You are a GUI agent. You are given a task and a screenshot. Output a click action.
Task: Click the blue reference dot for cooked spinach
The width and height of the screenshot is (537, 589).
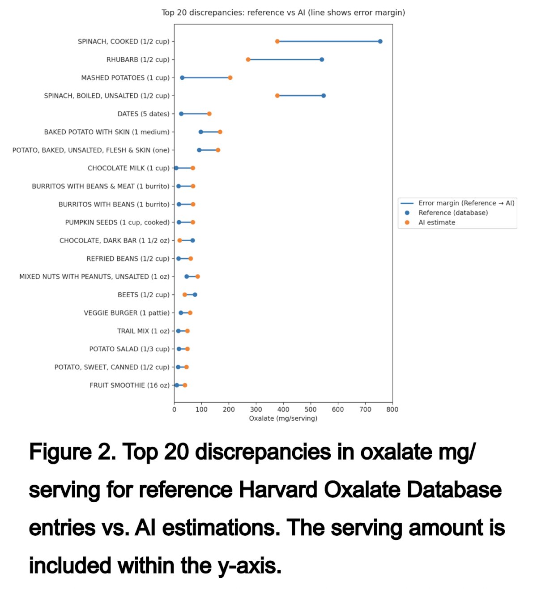380,42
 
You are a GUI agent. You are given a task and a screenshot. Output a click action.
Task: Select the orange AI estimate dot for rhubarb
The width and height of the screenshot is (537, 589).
248,60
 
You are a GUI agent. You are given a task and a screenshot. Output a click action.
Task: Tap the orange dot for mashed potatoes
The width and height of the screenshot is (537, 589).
230,77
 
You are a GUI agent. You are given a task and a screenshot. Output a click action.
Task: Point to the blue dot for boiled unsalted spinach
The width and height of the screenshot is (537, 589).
323,95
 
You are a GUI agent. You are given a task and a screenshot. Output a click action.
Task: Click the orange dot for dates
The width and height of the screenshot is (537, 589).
209,114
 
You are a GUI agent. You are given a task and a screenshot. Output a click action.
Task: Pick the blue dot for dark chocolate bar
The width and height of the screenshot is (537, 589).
192,240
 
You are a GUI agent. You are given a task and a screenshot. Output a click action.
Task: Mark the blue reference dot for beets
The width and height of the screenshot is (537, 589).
195,294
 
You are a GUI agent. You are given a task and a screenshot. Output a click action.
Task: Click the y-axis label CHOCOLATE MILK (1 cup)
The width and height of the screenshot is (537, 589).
128,168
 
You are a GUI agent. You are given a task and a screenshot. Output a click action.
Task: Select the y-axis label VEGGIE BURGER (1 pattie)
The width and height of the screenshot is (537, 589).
127,313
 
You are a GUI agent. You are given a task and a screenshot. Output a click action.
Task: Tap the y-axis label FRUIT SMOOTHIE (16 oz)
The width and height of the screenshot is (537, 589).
129,385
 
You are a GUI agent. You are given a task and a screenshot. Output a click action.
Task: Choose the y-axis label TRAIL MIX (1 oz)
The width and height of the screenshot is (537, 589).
143,331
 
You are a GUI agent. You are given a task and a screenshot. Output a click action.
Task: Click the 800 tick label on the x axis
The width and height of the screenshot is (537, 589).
392,410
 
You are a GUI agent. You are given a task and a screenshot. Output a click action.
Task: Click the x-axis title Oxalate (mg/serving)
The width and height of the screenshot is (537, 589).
283,418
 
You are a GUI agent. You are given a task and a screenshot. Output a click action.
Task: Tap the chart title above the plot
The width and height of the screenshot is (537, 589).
283,13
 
